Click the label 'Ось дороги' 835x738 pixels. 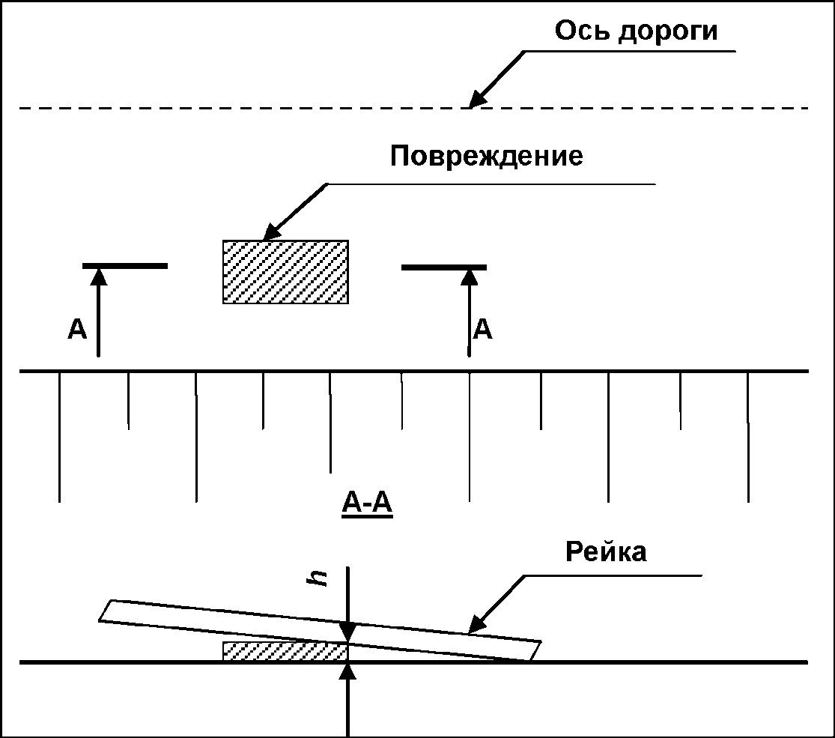click(x=636, y=31)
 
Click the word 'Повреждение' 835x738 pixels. click(x=486, y=157)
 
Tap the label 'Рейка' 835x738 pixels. click(x=606, y=552)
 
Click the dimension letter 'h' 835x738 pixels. click(x=321, y=578)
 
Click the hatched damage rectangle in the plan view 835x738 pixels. click(x=285, y=271)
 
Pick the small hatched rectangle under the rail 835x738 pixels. click(x=285, y=650)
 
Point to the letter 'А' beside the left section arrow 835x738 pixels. click(x=77, y=329)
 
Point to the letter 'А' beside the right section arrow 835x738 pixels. click(x=484, y=329)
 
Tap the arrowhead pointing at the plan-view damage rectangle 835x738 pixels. click(x=270, y=231)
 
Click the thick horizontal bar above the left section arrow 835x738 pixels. click(x=124, y=266)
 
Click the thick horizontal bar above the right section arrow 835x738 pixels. click(x=444, y=267)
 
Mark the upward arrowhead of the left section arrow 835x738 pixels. click(x=98, y=276)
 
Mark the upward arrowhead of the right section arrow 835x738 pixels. click(x=470, y=276)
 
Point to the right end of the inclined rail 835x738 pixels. click(x=534, y=650)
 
